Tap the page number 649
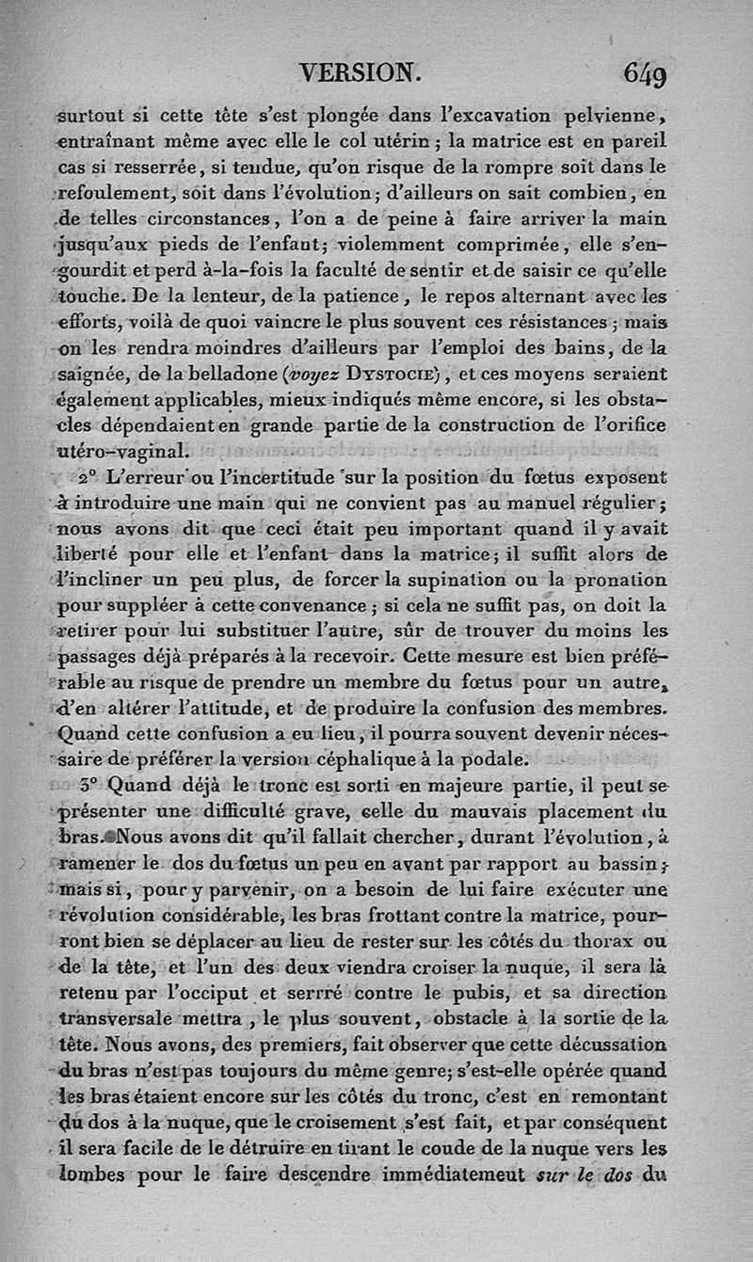(645, 73)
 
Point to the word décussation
(609, 1044)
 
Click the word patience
(342, 300)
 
